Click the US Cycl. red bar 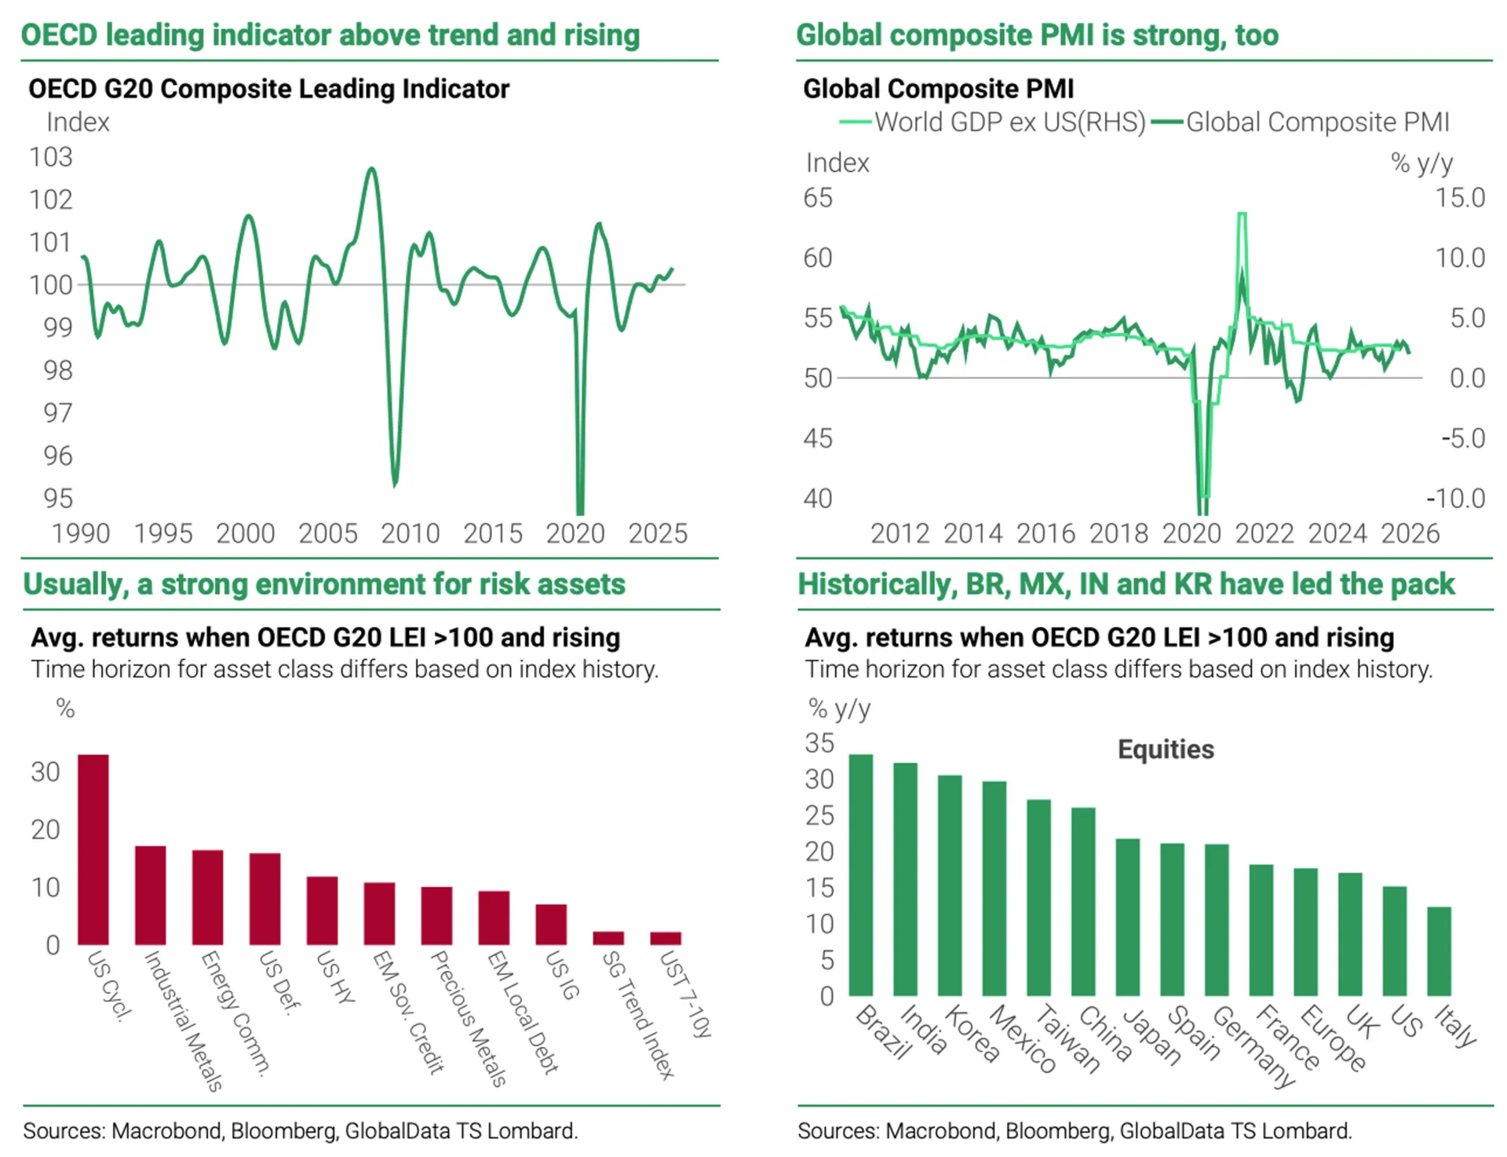click(93, 849)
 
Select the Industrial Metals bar click(151, 895)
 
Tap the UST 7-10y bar click(666, 938)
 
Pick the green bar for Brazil click(861, 875)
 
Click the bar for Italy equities click(1439, 951)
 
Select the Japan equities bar click(1128, 917)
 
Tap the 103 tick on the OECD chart click(51, 157)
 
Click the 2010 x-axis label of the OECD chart click(410, 534)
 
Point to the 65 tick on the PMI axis click(817, 198)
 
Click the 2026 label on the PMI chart click(1410, 534)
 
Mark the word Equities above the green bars click(1166, 749)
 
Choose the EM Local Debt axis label click(523, 1012)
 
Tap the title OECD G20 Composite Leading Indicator click(268, 89)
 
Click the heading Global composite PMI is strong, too click(1037, 35)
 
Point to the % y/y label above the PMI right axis click(1421, 163)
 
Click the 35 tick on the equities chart click(819, 743)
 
